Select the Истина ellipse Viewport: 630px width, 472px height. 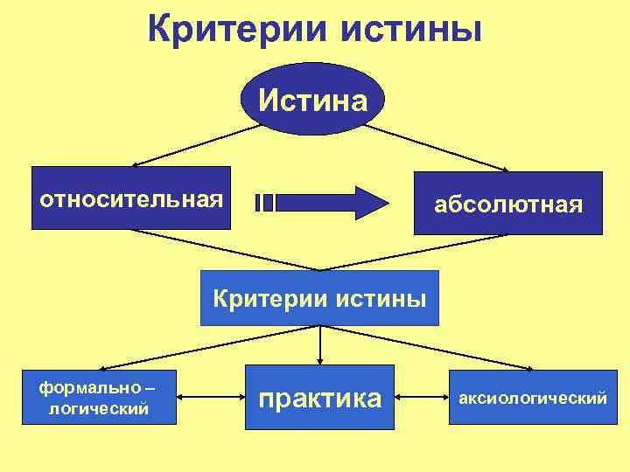point(312,101)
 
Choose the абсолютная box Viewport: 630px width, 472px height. point(508,204)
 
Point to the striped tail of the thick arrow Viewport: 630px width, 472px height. point(264,203)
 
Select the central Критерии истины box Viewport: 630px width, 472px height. point(319,299)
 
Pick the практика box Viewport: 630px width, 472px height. point(319,398)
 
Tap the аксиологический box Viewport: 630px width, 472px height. point(533,398)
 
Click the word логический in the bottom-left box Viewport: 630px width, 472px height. point(99,408)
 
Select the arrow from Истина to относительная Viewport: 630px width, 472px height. point(198,145)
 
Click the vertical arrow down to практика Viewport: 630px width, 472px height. point(320,345)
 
